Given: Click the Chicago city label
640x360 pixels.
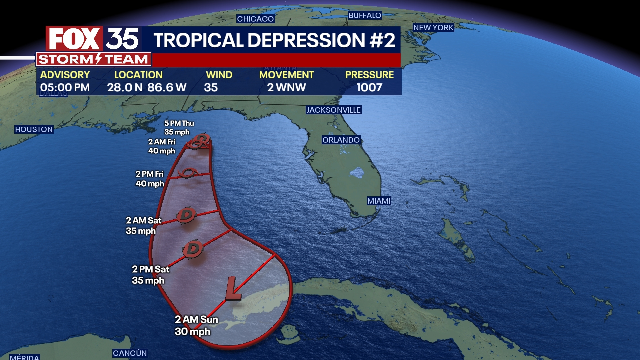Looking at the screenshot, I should [255, 19].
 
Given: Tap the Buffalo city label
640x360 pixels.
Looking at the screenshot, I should [365, 15].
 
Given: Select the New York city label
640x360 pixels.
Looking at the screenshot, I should [433, 28].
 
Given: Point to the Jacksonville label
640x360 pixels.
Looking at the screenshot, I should [333, 110].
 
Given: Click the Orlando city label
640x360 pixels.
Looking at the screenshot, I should [341, 140].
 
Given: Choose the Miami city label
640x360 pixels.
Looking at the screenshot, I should [379, 201].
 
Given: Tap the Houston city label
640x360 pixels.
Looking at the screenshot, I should [34, 129].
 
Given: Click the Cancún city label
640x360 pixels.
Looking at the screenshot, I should [130, 353].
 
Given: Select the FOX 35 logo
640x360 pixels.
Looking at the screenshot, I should [93, 39].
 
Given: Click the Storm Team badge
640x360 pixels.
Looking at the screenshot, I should [93, 59].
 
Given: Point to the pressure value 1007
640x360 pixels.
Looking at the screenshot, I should [369, 88].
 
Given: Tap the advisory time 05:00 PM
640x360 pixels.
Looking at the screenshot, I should [65, 88].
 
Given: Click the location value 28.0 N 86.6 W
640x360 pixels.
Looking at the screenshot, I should [147, 88].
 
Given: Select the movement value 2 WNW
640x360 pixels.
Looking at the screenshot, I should [286, 88].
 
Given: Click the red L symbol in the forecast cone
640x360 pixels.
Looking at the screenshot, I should [233, 289].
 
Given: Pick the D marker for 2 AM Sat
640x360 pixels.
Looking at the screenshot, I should [186, 215].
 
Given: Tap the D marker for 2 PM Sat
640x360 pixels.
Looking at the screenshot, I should [193, 249].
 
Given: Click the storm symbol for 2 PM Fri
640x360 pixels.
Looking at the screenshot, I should [188, 173].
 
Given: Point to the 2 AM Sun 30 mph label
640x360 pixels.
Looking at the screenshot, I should [196, 325].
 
